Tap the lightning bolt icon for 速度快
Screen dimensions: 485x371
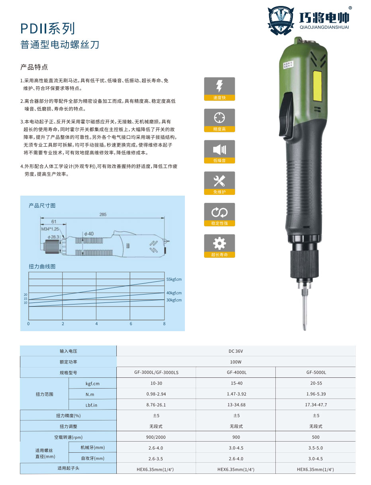coord(220,86)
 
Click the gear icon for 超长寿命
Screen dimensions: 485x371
coord(220,243)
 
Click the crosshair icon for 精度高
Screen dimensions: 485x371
coord(220,118)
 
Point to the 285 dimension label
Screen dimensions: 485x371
coord(103,215)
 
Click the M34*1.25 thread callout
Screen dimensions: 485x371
coord(50,229)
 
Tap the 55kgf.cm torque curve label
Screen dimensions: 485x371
coord(174,279)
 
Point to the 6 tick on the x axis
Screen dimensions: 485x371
coord(131,324)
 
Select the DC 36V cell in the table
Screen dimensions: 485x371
coord(236,351)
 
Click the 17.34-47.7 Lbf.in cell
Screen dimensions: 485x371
coord(316,404)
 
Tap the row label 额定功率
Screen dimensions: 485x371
coord(68,362)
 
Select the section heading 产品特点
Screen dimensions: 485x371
coord(34,67)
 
